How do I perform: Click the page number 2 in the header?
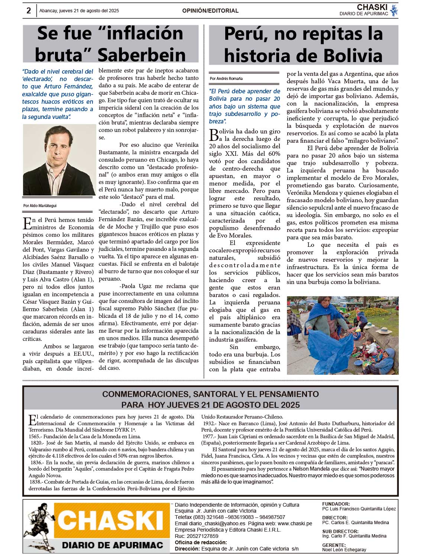point(29,10)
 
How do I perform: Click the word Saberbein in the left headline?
point(142,55)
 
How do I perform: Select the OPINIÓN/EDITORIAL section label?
point(210,11)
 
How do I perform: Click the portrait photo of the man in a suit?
point(59,159)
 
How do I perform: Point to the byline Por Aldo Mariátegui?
point(40,206)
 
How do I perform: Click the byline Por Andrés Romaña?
point(226,78)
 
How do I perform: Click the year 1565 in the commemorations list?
point(34,436)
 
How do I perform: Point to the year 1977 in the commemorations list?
point(209,436)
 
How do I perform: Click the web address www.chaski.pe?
point(295,523)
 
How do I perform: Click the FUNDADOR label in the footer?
point(336,504)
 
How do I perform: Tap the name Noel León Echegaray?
point(344,549)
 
